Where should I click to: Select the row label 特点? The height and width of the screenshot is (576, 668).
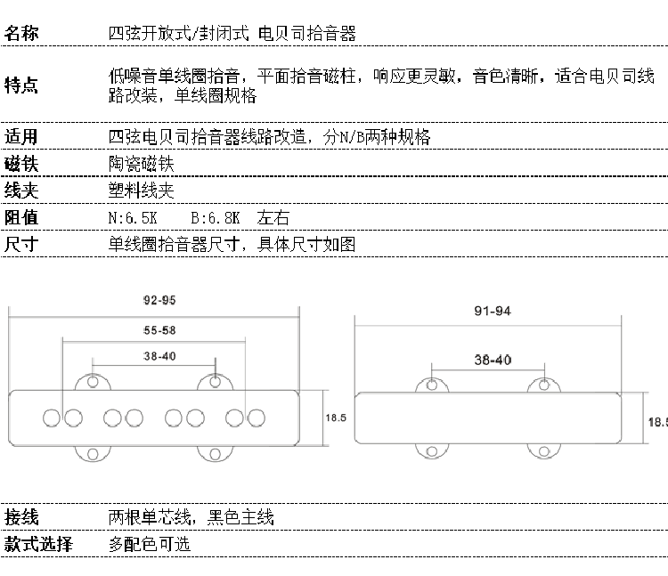(21, 85)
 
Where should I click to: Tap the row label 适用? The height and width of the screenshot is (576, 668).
(21, 137)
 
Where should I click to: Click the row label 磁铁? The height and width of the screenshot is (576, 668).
(21, 164)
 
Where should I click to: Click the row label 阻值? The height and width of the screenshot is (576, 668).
(21, 217)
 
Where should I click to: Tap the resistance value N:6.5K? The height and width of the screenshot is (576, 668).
(134, 217)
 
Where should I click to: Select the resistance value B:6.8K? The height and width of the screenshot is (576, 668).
(216, 217)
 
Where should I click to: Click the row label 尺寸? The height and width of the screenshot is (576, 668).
(21, 244)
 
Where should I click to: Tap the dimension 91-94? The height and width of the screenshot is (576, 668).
(493, 312)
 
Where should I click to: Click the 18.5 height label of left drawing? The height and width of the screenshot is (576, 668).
(336, 417)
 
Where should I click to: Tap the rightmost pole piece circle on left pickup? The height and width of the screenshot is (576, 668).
(257, 416)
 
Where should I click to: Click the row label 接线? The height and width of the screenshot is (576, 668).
(21, 517)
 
